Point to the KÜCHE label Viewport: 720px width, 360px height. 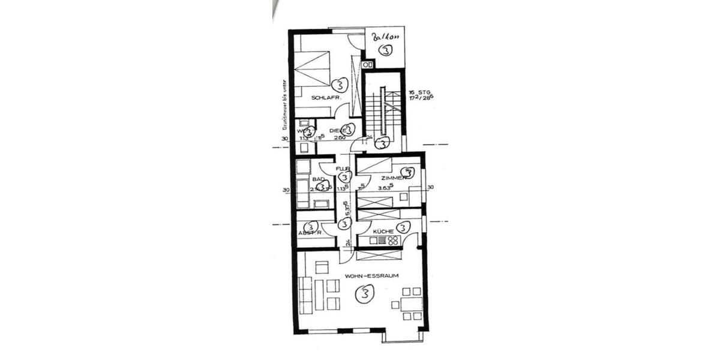click(x=383, y=231)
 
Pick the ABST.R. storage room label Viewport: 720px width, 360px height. click(x=310, y=233)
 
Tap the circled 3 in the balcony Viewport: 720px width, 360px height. click(x=385, y=51)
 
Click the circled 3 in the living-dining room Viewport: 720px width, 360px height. click(x=364, y=294)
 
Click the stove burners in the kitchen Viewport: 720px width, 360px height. click(x=393, y=241)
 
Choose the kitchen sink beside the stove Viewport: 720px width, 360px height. click(x=378, y=241)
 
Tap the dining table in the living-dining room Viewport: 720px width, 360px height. click(x=411, y=304)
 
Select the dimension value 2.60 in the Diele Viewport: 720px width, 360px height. click(x=339, y=137)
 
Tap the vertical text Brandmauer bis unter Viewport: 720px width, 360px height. click(x=284, y=106)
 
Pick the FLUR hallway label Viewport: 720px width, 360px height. click(x=343, y=169)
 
